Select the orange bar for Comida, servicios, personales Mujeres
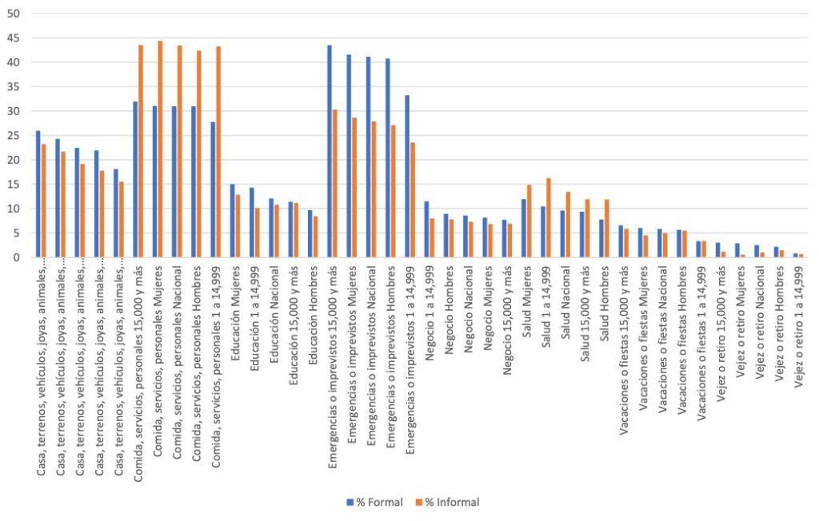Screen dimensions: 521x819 coord(160,149)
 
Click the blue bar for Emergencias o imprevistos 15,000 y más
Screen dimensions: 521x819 coord(329,151)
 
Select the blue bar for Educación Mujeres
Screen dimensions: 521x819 coord(232,221)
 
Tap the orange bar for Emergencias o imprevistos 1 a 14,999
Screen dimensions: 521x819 coord(412,200)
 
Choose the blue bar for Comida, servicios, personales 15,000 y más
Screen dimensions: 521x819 coord(135,179)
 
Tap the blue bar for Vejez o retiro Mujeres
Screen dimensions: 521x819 coord(737,250)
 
